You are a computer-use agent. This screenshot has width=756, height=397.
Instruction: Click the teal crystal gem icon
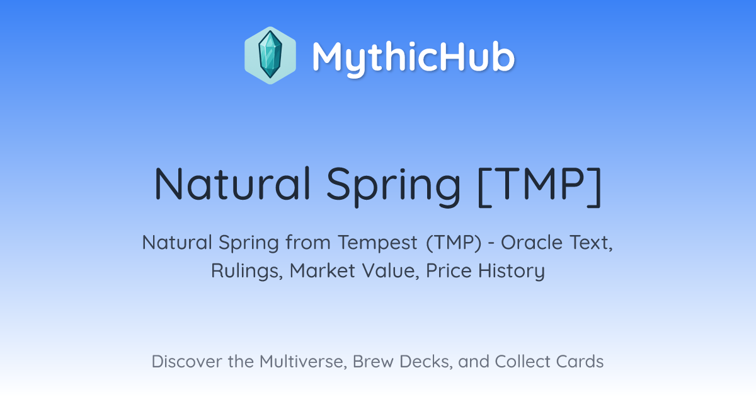click(x=270, y=55)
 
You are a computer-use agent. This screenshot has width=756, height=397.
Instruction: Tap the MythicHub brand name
click(x=413, y=57)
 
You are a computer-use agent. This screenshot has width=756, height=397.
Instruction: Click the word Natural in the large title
click(x=232, y=184)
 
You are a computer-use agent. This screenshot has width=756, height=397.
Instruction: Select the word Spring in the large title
click(x=394, y=187)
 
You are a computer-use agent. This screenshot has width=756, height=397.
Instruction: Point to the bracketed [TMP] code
click(x=540, y=186)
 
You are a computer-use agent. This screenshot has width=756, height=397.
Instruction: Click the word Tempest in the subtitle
click(x=377, y=243)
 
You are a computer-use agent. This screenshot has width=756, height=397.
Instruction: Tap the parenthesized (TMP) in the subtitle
click(x=454, y=243)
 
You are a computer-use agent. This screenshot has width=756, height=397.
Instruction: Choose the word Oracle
click(x=532, y=243)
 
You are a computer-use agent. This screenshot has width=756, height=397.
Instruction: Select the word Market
click(x=323, y=271)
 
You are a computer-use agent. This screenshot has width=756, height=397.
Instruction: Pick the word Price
click(x=449, y=270)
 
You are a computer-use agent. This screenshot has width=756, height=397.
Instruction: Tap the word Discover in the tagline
click(x=186, y=361)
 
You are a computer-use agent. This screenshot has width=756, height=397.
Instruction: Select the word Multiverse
click(x=303, y=362)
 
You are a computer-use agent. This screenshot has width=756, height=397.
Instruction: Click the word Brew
click(x=373, y=361)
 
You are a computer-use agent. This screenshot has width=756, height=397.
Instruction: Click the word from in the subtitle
click(x=307, y=243)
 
